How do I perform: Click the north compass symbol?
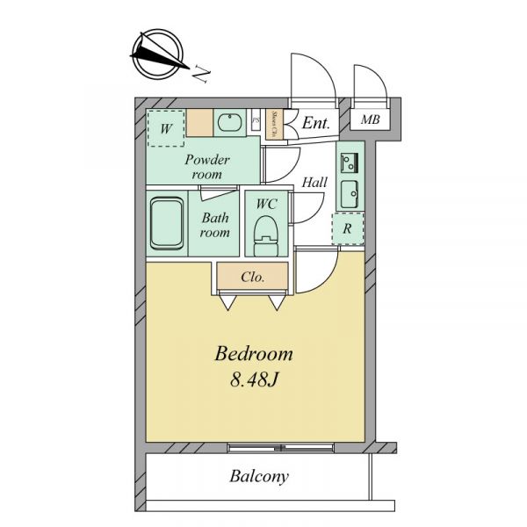click(159, 54)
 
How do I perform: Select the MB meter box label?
click(371, 119)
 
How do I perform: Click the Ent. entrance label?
click(315, 123)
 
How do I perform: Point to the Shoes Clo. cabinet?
click(274, 125)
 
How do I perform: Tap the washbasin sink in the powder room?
click(229, 122)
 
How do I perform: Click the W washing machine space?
click(166, 128)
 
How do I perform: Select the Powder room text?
click(207, 167)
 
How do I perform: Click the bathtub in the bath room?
click(167, 223)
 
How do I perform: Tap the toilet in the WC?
click(266, 236)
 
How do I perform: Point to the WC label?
click(266, 204)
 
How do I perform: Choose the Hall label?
click(314, 183)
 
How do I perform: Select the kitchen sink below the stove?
click(350, 195)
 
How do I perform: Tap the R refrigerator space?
click(348, 228)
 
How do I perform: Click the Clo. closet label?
click(252, 277)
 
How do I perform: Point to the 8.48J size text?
click(254, 380)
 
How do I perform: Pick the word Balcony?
click(259, 477)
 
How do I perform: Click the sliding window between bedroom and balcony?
click(281, 448)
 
